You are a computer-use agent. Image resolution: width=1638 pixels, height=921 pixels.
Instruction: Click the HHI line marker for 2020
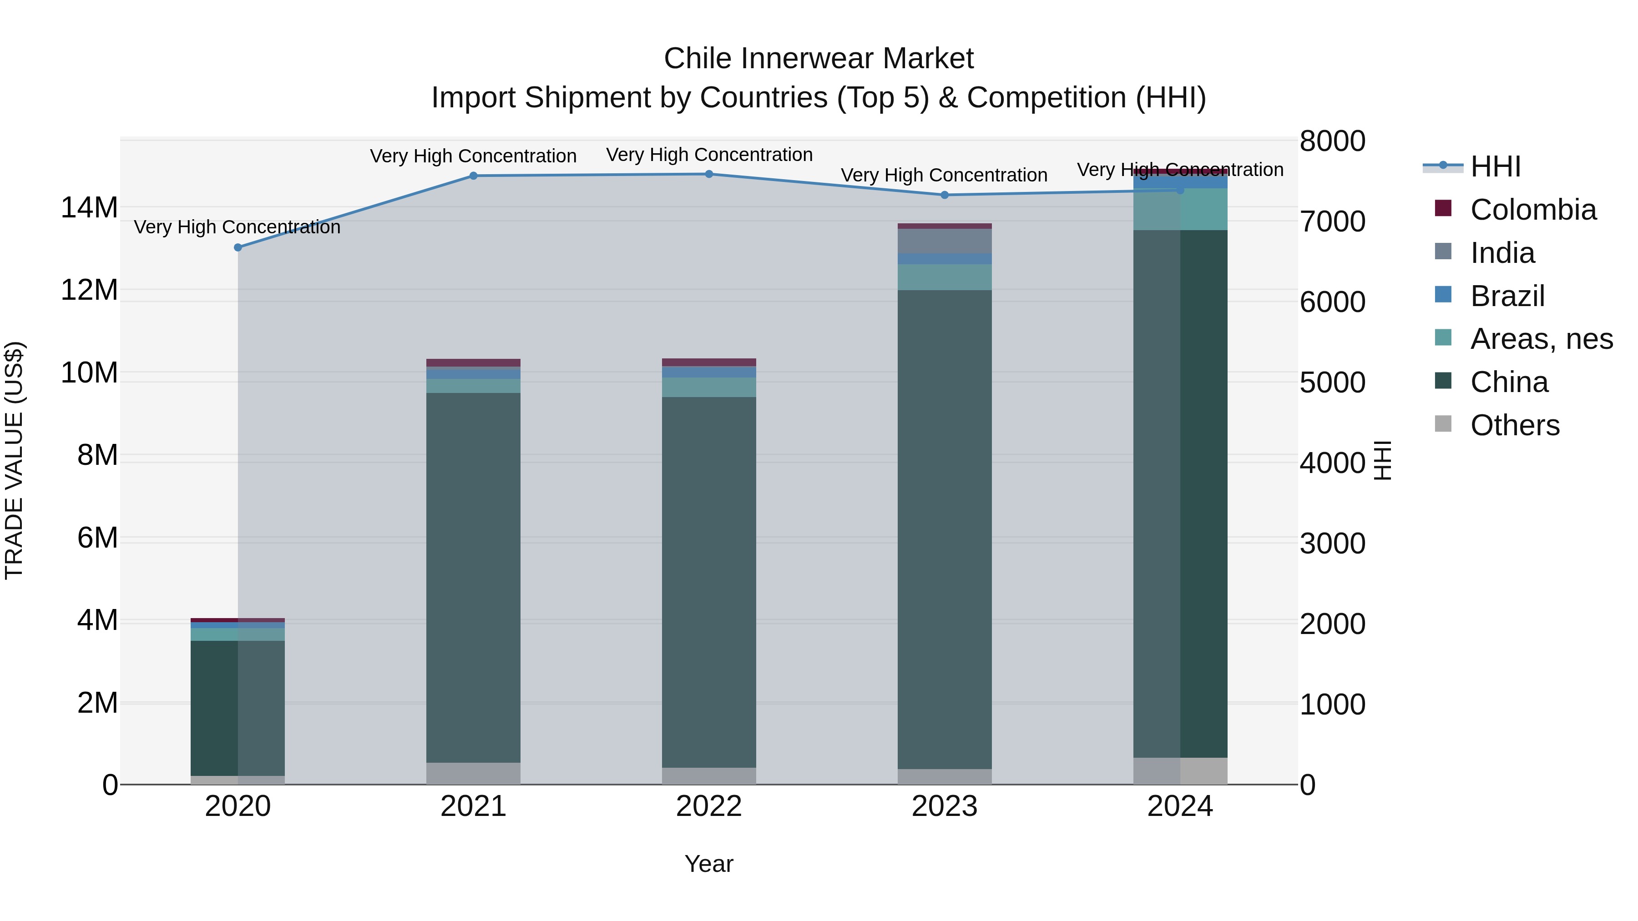238,247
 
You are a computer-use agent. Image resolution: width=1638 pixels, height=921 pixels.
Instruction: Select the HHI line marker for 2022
709,174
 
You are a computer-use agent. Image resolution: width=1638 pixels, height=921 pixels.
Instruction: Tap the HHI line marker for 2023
944,195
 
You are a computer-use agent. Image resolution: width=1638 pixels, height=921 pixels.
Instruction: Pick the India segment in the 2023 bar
944,241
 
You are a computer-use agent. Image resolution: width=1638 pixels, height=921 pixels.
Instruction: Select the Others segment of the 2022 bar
709,775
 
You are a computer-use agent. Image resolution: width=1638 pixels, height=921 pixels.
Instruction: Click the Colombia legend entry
1532,210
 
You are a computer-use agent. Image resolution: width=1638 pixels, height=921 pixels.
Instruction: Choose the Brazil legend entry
1507,296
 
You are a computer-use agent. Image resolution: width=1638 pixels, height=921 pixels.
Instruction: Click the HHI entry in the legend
1494,166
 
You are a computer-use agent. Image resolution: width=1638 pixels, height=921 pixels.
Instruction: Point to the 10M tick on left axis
89,372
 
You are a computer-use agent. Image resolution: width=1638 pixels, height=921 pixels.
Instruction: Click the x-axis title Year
708,864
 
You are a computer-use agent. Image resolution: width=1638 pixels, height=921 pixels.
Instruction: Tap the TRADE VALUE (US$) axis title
14,460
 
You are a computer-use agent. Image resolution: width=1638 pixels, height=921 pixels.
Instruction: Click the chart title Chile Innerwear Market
819,59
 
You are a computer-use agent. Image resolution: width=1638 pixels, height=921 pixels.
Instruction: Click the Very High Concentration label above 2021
473,156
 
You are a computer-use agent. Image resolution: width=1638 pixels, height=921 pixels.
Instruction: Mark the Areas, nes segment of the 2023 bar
944,277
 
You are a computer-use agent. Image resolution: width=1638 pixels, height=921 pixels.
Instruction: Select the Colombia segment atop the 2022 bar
709,362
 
